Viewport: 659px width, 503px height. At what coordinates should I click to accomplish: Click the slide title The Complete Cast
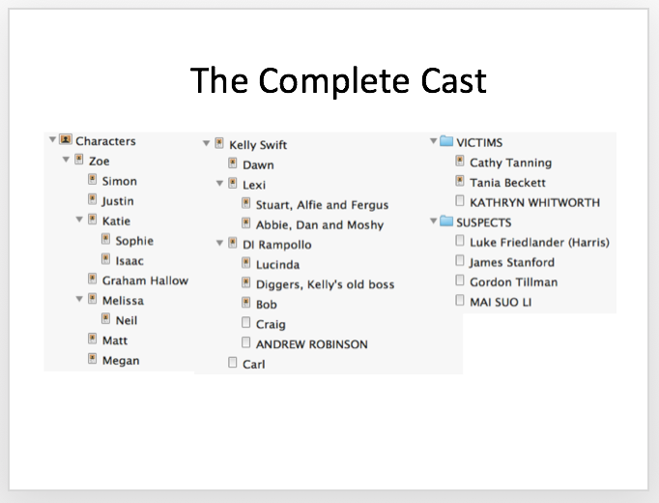tap(338, 80)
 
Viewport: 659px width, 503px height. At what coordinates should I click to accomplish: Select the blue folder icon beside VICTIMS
tap(446, 141)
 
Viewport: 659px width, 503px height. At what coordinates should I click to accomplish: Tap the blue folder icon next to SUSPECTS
tap(446, 221)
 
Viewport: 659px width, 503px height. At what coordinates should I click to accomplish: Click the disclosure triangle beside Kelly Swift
tap(206, 143)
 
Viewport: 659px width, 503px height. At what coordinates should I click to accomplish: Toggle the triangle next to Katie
tap(79, 220)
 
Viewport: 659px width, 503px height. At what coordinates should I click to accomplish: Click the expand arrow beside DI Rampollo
tap(219, 243)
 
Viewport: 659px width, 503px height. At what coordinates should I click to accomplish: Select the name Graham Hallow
tap(145, 281)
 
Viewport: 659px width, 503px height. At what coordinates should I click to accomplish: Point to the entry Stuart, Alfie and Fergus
tap(322, 205)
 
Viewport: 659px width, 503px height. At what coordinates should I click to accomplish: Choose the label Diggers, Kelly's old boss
tap(325, 284)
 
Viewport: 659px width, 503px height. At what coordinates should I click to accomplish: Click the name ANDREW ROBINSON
tap(312, 344)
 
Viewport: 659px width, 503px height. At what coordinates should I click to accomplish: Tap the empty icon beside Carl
tap(233, 362)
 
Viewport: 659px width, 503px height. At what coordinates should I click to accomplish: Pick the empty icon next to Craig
tap(245, 322)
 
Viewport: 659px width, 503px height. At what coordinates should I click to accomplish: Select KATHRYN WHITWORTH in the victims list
tap(534, 203)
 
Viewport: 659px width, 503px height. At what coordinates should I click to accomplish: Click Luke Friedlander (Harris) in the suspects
tap(539, 242)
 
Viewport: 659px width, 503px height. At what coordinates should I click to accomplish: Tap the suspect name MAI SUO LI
tap(501, 303)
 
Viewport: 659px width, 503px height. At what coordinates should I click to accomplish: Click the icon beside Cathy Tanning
tap(460, 161)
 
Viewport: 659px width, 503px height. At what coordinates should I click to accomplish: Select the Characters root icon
tap(66, 139)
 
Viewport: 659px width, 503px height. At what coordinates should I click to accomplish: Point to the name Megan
tap(121, 361)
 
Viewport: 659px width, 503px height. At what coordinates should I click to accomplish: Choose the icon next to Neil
tap(105, 319)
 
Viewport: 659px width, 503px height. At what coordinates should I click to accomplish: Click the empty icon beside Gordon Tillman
tap(460, 281)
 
